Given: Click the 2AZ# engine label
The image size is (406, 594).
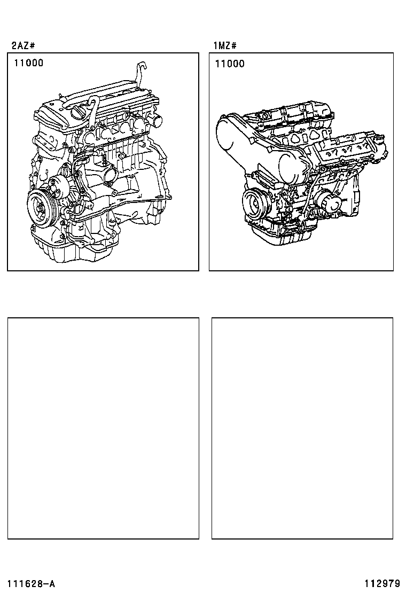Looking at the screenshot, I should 24,45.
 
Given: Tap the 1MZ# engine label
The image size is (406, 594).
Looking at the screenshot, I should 225,45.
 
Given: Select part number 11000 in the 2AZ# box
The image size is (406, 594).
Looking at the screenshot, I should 29,63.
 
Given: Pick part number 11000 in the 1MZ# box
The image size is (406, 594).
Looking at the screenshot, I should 230,64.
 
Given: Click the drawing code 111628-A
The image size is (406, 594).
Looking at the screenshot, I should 31,583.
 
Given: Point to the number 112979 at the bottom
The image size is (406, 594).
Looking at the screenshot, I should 383,583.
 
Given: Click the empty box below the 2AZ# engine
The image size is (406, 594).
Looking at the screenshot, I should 103,428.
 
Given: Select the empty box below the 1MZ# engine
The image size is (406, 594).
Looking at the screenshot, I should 302,428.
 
